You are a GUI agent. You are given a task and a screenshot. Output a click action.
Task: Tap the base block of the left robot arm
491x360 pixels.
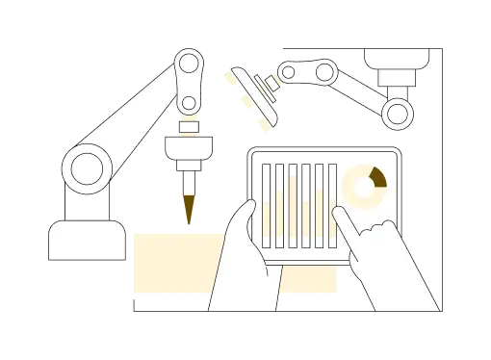[x=87, y=241]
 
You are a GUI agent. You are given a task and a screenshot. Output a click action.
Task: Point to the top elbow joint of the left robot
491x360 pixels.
[x=189, y=65]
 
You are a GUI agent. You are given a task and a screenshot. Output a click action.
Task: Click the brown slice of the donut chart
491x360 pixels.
[x=376, y=175]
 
